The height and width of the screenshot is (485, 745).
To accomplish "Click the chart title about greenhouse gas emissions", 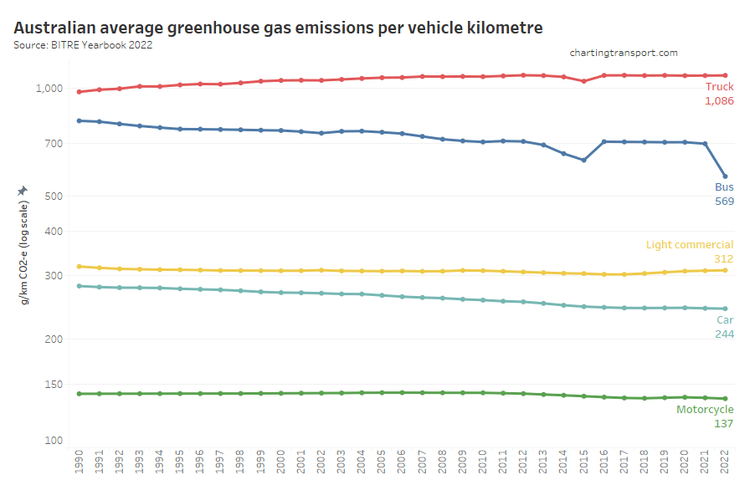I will [x=278, y=28].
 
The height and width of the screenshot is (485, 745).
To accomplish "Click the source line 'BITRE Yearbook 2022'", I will [x=83, y=44].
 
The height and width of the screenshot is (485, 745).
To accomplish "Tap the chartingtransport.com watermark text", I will [x=624, y=53].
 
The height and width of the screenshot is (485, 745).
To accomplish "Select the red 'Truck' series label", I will [x=719, y=87].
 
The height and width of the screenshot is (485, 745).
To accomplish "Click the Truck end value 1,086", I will [x=719, y=101].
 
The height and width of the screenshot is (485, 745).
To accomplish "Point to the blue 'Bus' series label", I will [x=724, y=187].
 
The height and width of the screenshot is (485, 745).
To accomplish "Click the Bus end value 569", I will [x=724, y=202].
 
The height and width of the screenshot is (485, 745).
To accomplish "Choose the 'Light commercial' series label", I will [x=690, y=245].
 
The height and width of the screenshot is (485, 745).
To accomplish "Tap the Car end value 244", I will [x=724, y=334].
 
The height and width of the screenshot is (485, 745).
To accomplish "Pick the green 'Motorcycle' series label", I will [x=705, y=410].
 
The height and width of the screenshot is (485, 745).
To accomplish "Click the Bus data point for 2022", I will [x=725, y=176].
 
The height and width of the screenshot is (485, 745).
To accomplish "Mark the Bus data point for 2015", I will [x=583, y=161].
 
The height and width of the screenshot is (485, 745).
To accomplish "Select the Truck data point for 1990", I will [x=79, y=92].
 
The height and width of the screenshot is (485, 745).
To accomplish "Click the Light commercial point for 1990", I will [x=79, y=267].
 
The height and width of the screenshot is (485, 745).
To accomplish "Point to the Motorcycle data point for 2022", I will [x=725, y=399].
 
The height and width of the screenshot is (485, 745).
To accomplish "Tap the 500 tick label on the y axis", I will [x=51, y=197].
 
